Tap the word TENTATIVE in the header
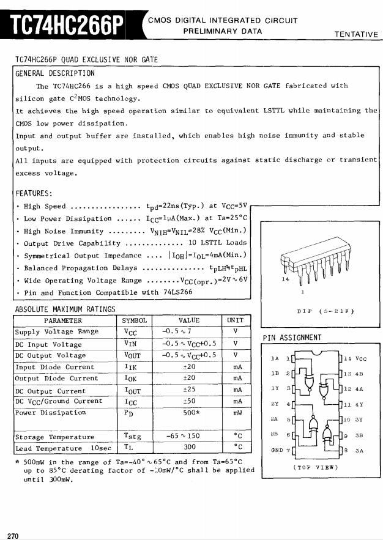(x=356, y=34)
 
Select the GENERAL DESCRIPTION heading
(x=55, y=73)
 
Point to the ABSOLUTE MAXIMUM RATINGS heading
(x=65, y=309)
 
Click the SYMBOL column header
(x=135, y=320)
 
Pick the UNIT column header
(x=235, y=320)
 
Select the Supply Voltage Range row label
(x=56, y=331)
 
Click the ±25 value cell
(x=189, y=390)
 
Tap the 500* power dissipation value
(x=189, y=413)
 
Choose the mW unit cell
(x=235, y=413)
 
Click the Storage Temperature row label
(x=55, y=437)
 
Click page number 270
(x=13, y=536)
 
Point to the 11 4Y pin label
(x=354, y=404)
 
